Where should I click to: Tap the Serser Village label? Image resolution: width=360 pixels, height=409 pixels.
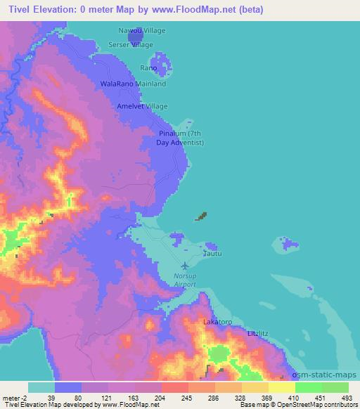click(x=130, y=44)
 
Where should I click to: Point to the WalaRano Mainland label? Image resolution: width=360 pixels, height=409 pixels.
click(x=134, y=84)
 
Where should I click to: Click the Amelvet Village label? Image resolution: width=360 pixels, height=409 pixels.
click(x=143, y=105)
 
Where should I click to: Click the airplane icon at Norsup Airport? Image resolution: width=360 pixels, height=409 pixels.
click(x=185, y=266)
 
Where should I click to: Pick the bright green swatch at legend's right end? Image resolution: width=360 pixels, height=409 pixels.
click(x=335, y=387)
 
